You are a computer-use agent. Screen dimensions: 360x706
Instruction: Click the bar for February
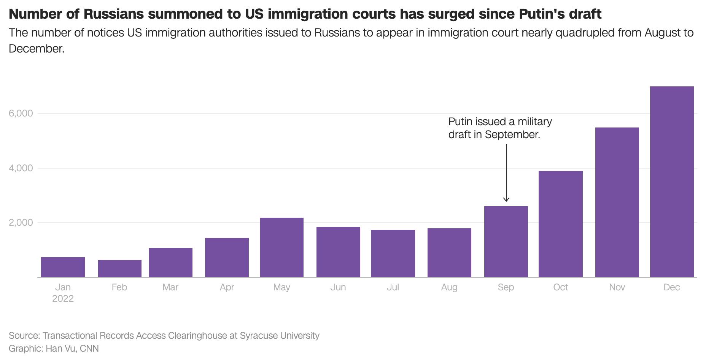pos(119,268)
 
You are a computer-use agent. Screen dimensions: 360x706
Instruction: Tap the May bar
pos(281,247)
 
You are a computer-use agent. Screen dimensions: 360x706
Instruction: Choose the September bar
pos(506,242)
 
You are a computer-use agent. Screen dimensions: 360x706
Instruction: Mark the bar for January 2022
pos(63,267)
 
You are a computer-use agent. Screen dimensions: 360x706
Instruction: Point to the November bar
pos(617,202)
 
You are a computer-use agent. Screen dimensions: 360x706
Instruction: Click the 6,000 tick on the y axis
pos(21,113)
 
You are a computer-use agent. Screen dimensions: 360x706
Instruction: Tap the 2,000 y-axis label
pos(21,223)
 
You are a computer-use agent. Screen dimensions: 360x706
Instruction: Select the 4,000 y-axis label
pos(21,168)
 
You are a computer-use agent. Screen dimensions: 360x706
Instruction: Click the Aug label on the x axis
pos(449,287)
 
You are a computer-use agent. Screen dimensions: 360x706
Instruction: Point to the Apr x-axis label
pos(227,287)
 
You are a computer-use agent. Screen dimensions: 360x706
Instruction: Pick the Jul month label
pos(393,287)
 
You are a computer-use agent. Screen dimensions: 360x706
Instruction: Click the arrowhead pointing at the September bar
pos(506,200)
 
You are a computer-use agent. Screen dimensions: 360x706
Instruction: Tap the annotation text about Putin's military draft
pos(499,128)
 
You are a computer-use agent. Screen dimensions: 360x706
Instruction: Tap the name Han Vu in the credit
pos(60,349)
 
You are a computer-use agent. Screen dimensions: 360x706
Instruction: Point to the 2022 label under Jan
pos(63,299)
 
